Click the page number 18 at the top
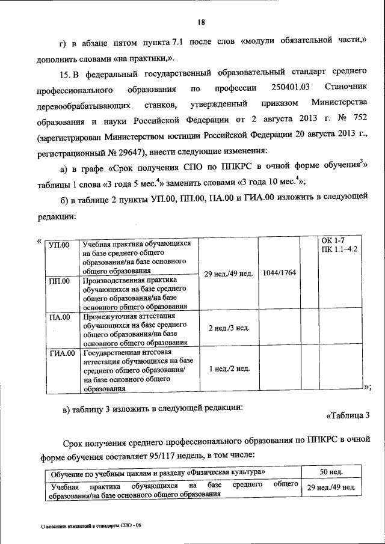pos(201,23)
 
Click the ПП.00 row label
pos(58,281)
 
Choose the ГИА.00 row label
pos(61,353)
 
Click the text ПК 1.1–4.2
pos(340,249)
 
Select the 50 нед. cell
pos(331,472)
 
